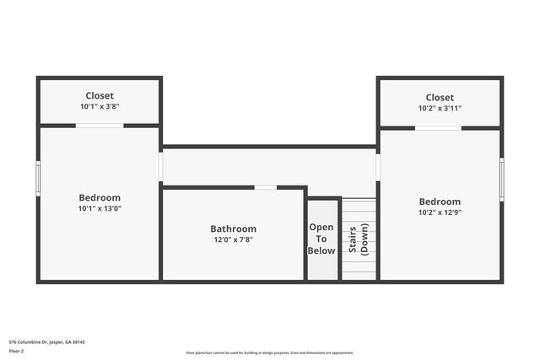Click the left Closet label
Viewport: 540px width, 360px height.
point(100,96)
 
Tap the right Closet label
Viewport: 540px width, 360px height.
point(440,98)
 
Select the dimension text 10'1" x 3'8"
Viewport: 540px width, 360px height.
point(100,107)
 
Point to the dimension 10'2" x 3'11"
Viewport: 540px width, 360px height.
point(440,109)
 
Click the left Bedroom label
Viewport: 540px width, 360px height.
point(100,197)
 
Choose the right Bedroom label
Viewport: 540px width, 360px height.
point(440,201)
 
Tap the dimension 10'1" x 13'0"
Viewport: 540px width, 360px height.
point(100,208)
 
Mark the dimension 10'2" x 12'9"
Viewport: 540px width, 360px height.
point(440,212)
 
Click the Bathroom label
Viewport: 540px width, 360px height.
point(233,228)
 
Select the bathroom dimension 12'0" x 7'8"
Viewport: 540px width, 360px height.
point(233,239)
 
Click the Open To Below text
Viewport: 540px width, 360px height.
point(321,239)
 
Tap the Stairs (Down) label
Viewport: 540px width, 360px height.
point(359,239)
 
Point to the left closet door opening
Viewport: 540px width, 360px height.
point(100,126)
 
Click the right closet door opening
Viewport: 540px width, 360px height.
point(438,128)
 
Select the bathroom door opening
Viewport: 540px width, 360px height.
point(265,187)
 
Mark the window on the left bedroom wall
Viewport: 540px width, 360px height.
point(38,177)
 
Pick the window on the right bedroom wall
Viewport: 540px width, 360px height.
point(502,179)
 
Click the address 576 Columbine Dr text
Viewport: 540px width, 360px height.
point(47,341)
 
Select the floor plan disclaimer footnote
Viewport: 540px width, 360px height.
point(269,352)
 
